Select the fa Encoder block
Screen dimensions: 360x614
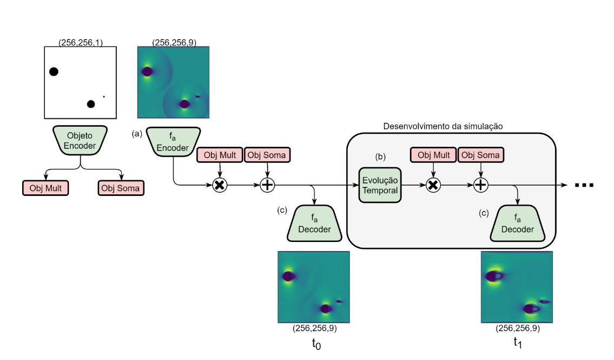coord(173,141)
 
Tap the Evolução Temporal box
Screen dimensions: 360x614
coord(379,185)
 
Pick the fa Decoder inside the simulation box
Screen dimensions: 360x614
coord(518,224)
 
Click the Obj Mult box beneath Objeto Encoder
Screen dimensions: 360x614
coord(45,188)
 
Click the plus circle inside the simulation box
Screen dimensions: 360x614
coord(481,185)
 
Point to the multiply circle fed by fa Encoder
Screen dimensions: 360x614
coord(219,185)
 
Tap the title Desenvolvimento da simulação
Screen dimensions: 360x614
coord(444,127)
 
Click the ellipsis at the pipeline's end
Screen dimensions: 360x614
coord(584,186)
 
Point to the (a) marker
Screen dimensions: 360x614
coord(137,133)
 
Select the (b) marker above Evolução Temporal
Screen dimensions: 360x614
coord(380,156)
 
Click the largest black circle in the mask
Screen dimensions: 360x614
coord(54,71)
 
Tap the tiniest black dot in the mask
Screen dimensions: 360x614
coord(104,97)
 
